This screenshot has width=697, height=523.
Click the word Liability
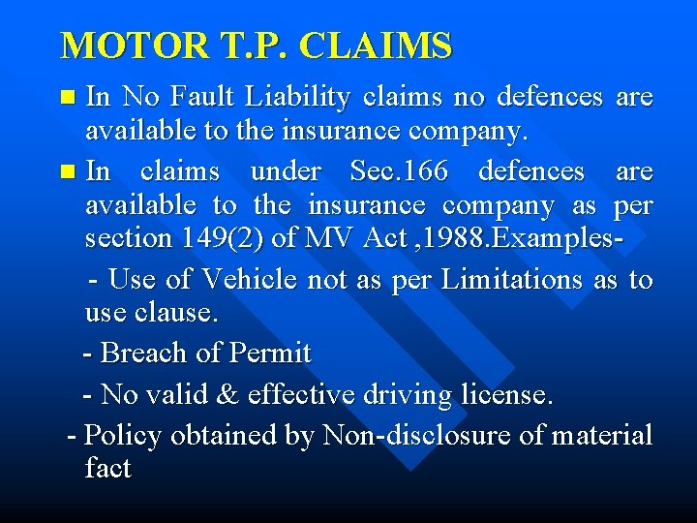pyautogui.click(x=298, y=97)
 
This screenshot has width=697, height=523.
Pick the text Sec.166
pyautogui.click(x=400, y=171)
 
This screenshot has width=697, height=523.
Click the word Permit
pyautogui.click(x=270, y=354)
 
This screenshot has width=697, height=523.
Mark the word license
pyautogui.click(x=508, y=395)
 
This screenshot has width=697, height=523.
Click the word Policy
pyautogui.click(x=123, y=436)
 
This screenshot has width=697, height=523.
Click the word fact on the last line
pyautogui.click(x=107, y=469)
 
